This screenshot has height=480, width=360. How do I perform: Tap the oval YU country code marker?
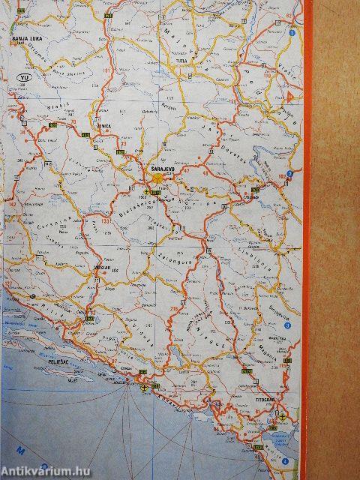[25, 76]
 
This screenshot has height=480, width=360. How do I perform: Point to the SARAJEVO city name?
[163, 170]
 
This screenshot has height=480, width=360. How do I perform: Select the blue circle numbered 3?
[287, 325]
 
